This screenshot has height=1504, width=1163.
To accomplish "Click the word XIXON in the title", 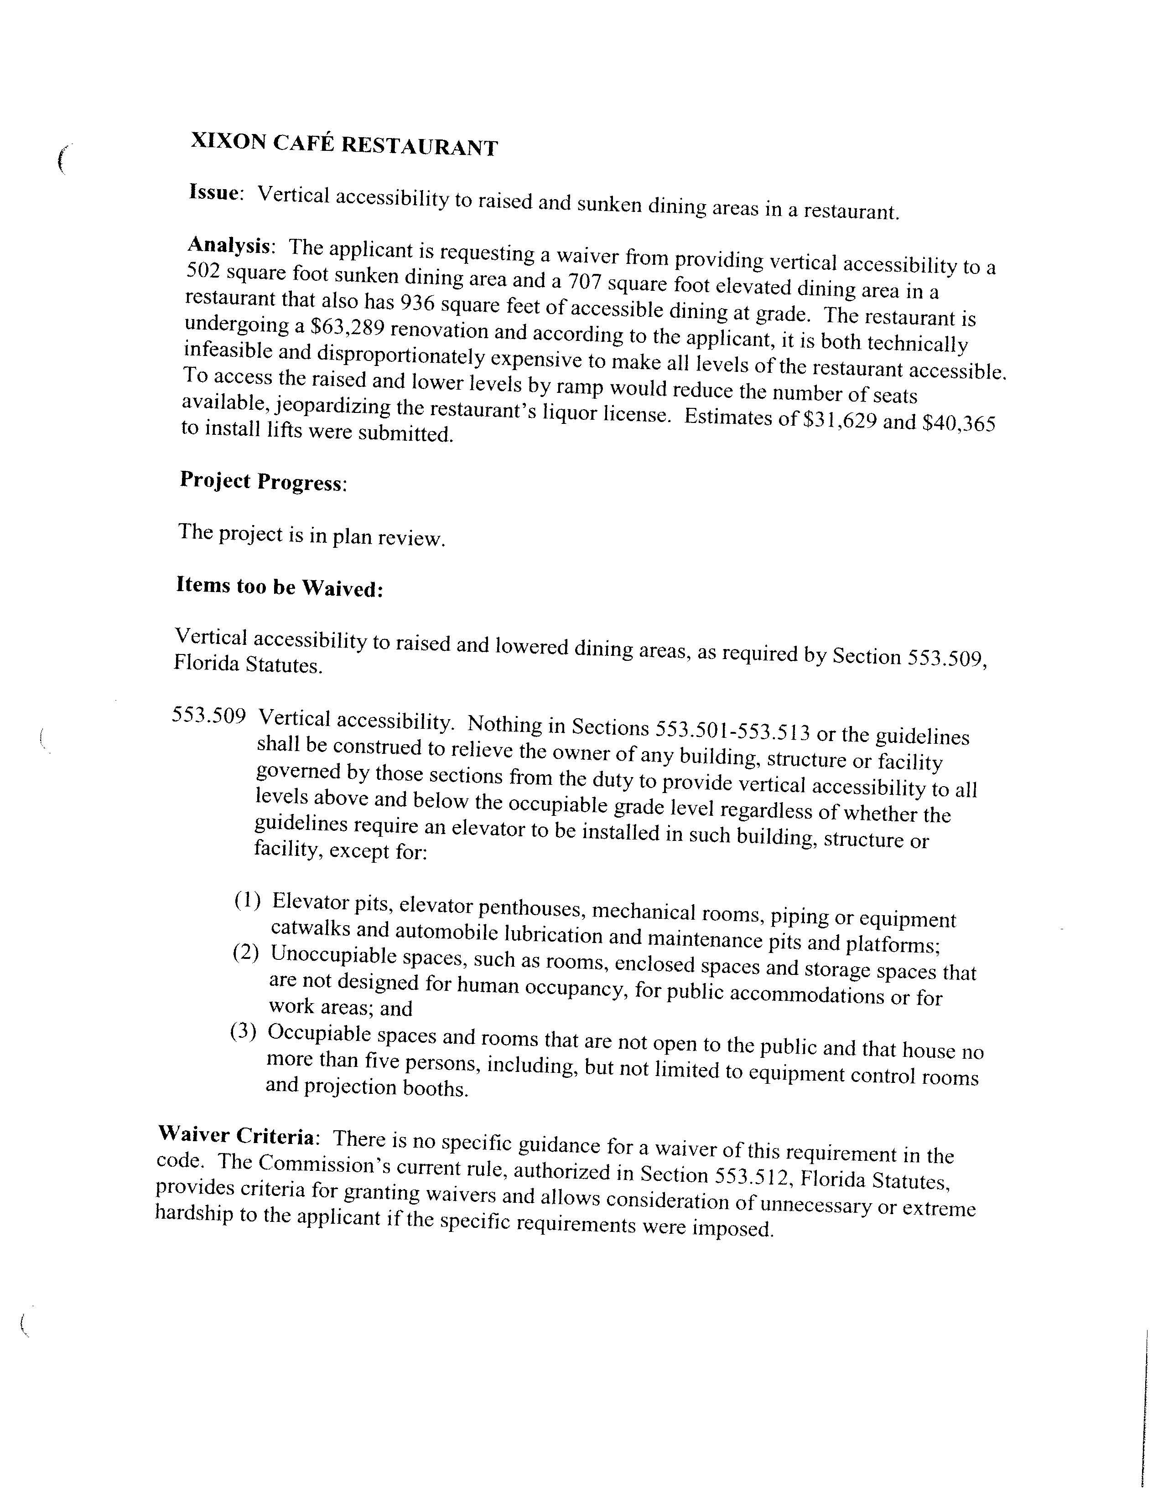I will click(228, 141).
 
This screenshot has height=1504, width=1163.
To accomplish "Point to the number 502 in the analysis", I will click(202, 271).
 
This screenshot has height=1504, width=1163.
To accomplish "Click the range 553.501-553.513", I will click(732, 730).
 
